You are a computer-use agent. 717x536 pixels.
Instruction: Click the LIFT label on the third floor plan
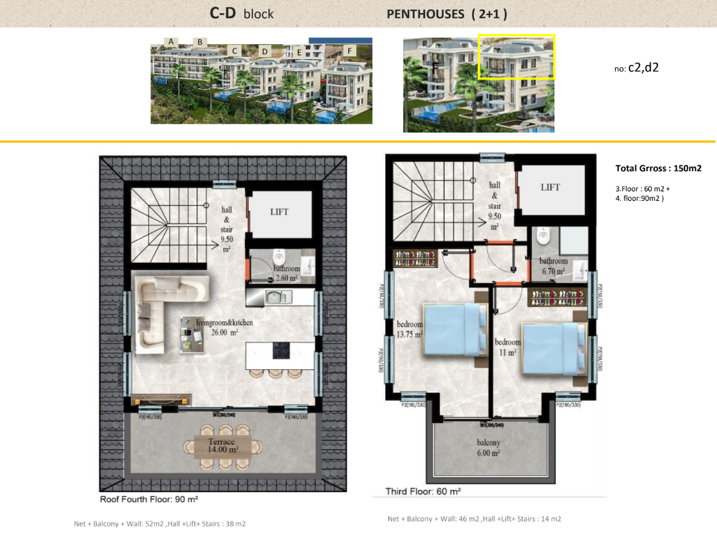(550, 186)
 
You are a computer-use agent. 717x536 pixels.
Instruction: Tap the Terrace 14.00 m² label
(223, 445)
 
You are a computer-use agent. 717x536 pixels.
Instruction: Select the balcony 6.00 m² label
(487, 448)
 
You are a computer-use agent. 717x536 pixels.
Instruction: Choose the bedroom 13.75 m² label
(409, 329)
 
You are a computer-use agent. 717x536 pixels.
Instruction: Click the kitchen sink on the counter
(276, 296)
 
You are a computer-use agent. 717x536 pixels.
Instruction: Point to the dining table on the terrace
(223, 446)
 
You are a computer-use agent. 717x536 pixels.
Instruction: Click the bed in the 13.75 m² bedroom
(455, 329)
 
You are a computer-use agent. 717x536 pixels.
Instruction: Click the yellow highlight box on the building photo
(517, 56)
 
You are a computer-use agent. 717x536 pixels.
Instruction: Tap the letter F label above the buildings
(351, 51)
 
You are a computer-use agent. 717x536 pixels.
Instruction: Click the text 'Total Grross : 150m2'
(658, 168)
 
